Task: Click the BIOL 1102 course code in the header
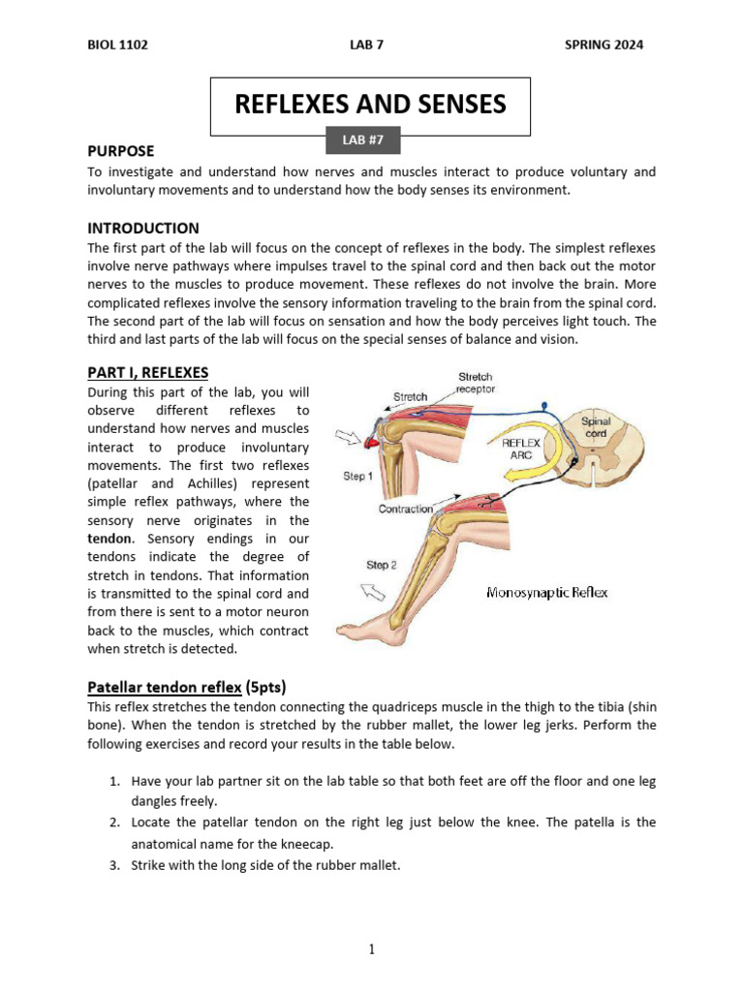point(117,45)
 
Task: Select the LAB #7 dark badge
point(363,139)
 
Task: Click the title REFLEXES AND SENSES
point(370,105)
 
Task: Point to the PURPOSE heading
point(120,151)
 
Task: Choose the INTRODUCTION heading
point(143,229)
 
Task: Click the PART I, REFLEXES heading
point(147,372)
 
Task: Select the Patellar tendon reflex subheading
point(164,688)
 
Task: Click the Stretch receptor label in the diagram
point(476,383)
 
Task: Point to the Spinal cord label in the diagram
point(595,428)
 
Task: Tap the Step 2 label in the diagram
point(382,565)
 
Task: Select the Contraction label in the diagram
point(405,509)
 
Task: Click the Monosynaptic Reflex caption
point(546,593)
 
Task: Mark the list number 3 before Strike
point(113,865)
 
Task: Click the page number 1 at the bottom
point(372,950)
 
